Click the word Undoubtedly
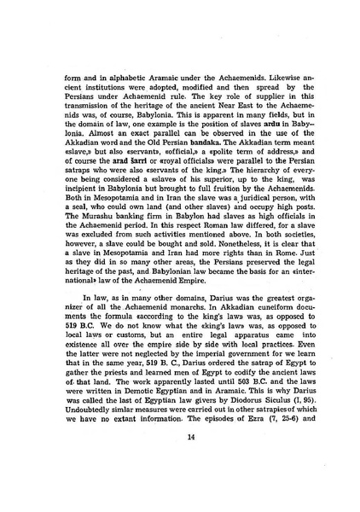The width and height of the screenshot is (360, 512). pos(79,410)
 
